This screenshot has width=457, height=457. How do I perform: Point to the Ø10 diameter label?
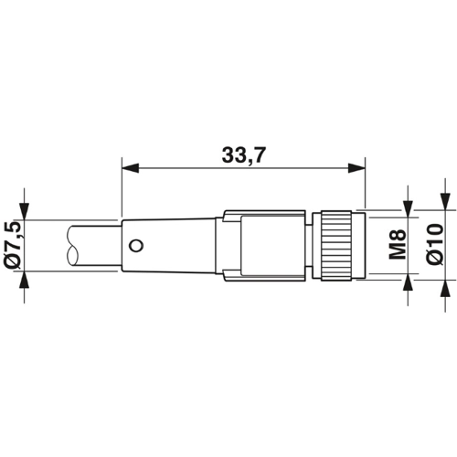[433, 244]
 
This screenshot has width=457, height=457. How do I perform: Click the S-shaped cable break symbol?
[73, 245]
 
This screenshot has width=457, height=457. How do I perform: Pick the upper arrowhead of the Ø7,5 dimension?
[24, 212]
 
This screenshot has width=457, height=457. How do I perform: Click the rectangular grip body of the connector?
[265, 244]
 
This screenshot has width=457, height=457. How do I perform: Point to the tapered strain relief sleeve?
[174, 244]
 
